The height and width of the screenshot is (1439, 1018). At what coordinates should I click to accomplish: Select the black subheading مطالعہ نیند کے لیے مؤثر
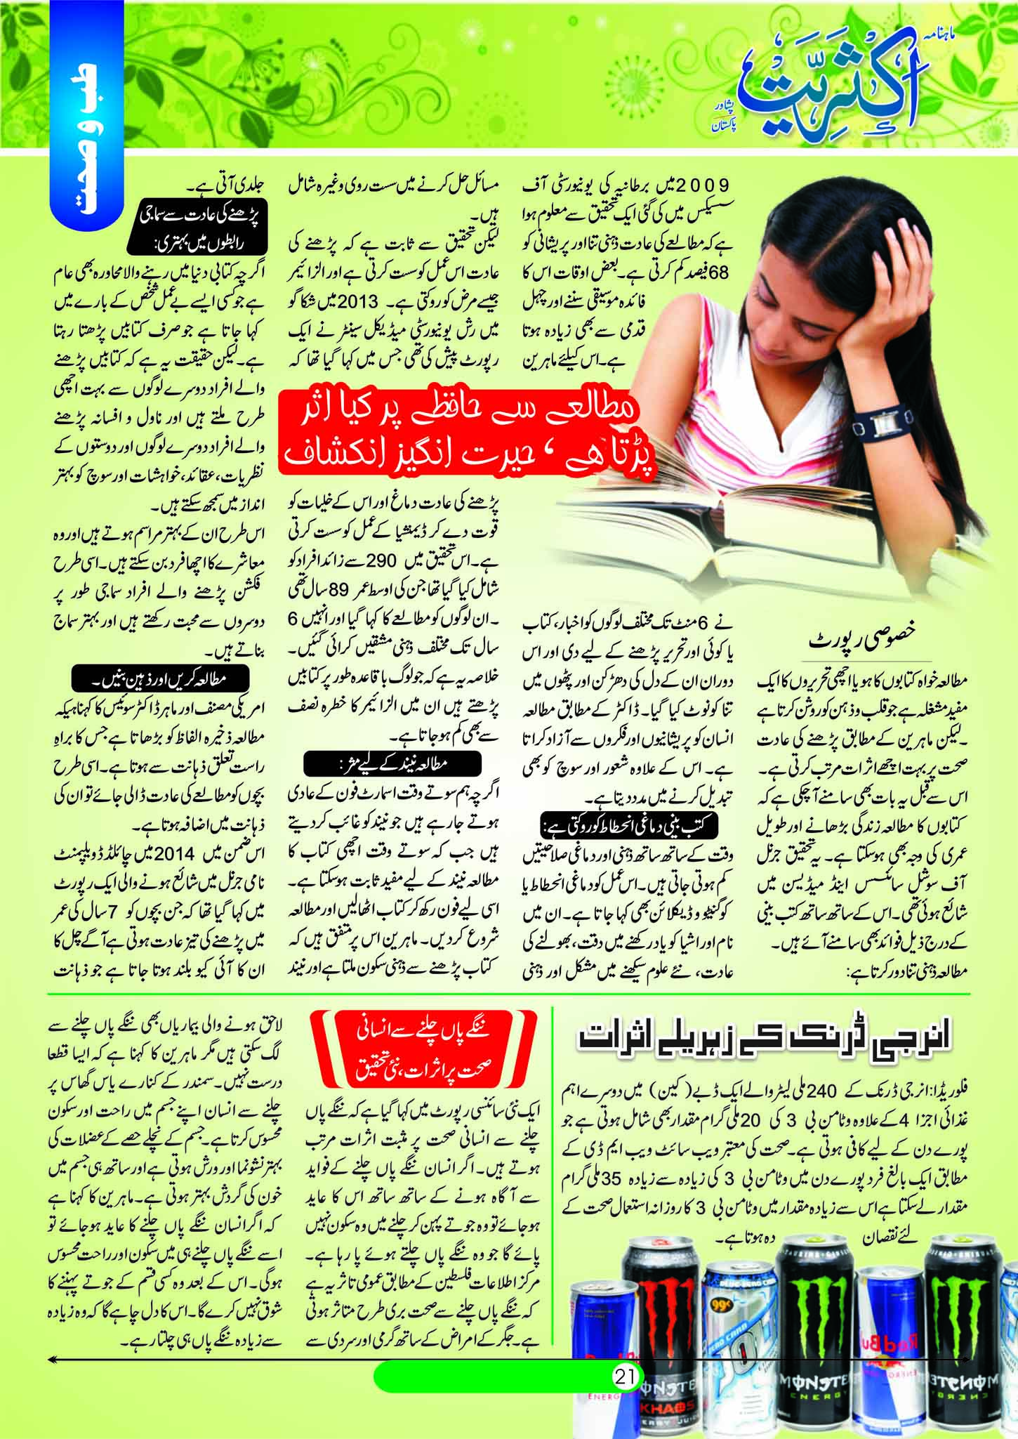pos(393,763)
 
